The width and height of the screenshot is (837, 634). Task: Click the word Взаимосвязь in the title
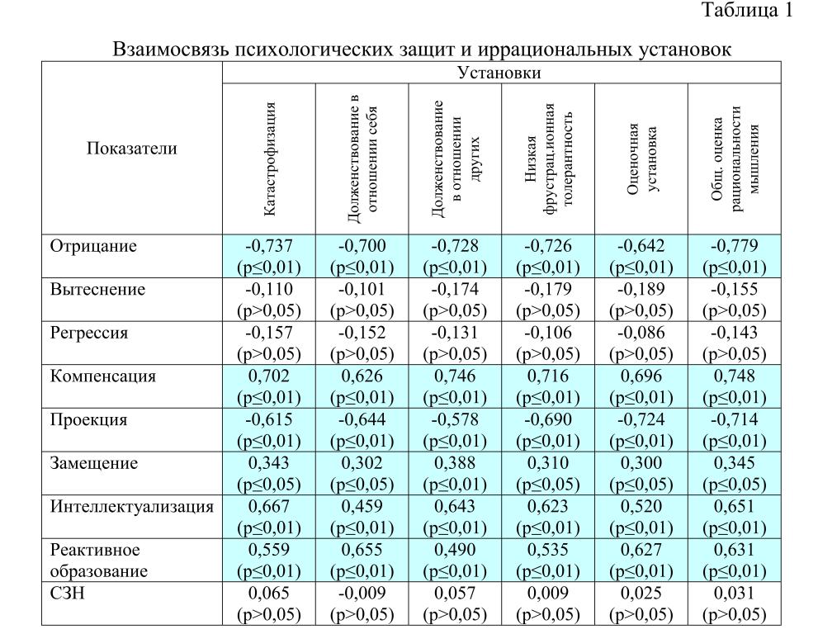point(170,50)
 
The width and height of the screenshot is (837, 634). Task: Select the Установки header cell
point(499,73)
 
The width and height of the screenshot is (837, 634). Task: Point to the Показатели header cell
point(132,149)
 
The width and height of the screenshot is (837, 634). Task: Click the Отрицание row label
point(93,246)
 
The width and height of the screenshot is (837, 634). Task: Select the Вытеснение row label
point(97,290)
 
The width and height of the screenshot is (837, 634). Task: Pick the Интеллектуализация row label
point(132,506)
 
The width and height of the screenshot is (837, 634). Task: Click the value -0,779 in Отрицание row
point(734,246)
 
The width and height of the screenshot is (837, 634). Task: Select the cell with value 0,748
point(734,376)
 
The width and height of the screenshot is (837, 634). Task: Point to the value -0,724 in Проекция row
point(641,419)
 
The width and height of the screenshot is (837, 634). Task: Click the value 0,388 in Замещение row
point(455,463)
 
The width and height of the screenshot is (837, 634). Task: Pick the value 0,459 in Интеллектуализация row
point(362,506)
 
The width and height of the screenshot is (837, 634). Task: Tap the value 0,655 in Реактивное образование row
point(362,550)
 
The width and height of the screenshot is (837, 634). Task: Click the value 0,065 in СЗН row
point(269,593)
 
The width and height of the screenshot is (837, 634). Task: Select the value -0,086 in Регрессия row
point(641,333)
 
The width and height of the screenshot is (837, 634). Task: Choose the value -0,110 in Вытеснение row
point(269,290)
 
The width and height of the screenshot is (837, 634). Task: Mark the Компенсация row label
point(103,376)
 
